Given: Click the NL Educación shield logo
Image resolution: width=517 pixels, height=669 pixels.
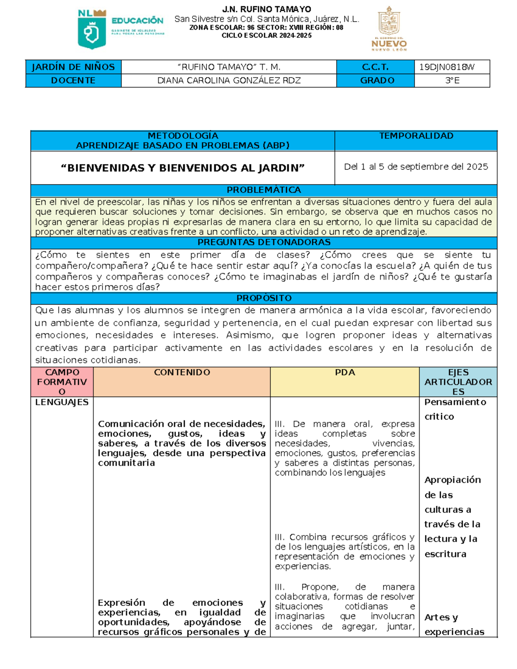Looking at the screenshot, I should tap(91, 29).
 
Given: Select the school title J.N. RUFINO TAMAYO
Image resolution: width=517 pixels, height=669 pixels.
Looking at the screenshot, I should tap(266, 9).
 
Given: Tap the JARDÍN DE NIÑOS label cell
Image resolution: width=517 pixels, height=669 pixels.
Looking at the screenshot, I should tap(73, 67).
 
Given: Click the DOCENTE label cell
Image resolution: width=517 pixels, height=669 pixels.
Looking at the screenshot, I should tap(73, 81).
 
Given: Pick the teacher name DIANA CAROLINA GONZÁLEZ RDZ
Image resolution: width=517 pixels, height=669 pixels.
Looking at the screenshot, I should tap(229, 81).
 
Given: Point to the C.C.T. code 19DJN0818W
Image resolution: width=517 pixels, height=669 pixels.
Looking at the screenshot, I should tap(447, 67).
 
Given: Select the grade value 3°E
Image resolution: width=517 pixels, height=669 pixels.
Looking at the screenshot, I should tap(452, 81).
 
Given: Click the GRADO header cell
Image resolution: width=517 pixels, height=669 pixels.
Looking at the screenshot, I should tap(377, 81).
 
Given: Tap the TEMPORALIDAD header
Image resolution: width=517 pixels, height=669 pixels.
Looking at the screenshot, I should tap(416, 136).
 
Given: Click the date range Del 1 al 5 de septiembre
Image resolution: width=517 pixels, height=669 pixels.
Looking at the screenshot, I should tap(416, 167).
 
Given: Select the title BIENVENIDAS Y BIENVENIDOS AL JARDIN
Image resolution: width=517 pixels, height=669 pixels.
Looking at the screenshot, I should tap(183, 168).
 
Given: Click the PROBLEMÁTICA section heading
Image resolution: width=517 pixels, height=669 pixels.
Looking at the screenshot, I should tap(264, 190).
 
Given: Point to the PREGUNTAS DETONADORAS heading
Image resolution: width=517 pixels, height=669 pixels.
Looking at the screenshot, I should tap(264, 243).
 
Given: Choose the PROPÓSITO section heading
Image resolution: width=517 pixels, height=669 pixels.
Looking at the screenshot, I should tap(264, 298).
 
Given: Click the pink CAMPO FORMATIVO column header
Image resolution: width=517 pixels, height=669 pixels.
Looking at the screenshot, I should tap(62, 382).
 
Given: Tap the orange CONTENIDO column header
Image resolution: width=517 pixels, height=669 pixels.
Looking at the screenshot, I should tap(182, 373).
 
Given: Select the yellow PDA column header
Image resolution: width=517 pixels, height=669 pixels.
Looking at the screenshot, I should tap(345, 373).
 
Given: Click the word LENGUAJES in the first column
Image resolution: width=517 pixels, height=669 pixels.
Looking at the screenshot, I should tap(62, 402).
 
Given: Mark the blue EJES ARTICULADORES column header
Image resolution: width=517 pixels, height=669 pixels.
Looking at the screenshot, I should tap(458, 382).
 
